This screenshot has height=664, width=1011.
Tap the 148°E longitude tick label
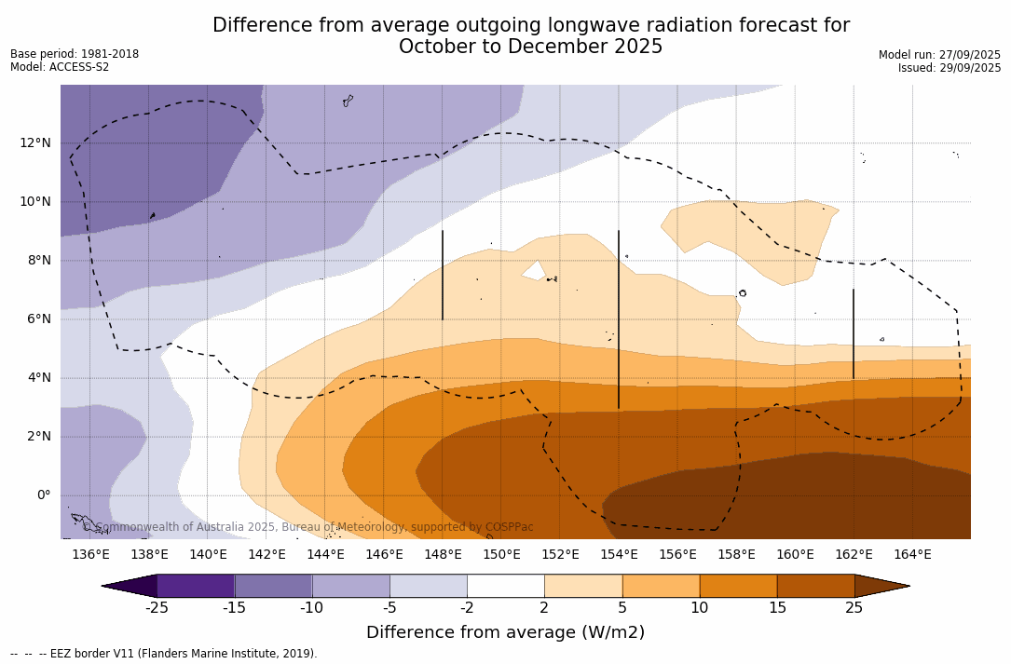pos(443,554)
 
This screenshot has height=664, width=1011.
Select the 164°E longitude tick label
pos(912,554)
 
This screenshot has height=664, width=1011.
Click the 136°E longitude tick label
pos(90,554)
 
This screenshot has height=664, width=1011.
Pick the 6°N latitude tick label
pos(37,318)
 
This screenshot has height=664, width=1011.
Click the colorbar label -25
pos(157,608)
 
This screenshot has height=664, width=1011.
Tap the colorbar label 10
pos(699,608)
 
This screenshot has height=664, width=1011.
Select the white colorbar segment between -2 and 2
pos(505,586)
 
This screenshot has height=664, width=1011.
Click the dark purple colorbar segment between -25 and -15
pos(196,586)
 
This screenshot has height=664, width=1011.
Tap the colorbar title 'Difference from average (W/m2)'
pos(505,632)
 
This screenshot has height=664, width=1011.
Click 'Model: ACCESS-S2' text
pos(60,67)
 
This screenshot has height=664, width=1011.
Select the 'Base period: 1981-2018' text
pos(75,54)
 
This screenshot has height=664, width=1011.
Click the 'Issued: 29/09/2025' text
pos(950,68)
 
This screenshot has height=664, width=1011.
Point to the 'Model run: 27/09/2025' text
pos(939,55)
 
